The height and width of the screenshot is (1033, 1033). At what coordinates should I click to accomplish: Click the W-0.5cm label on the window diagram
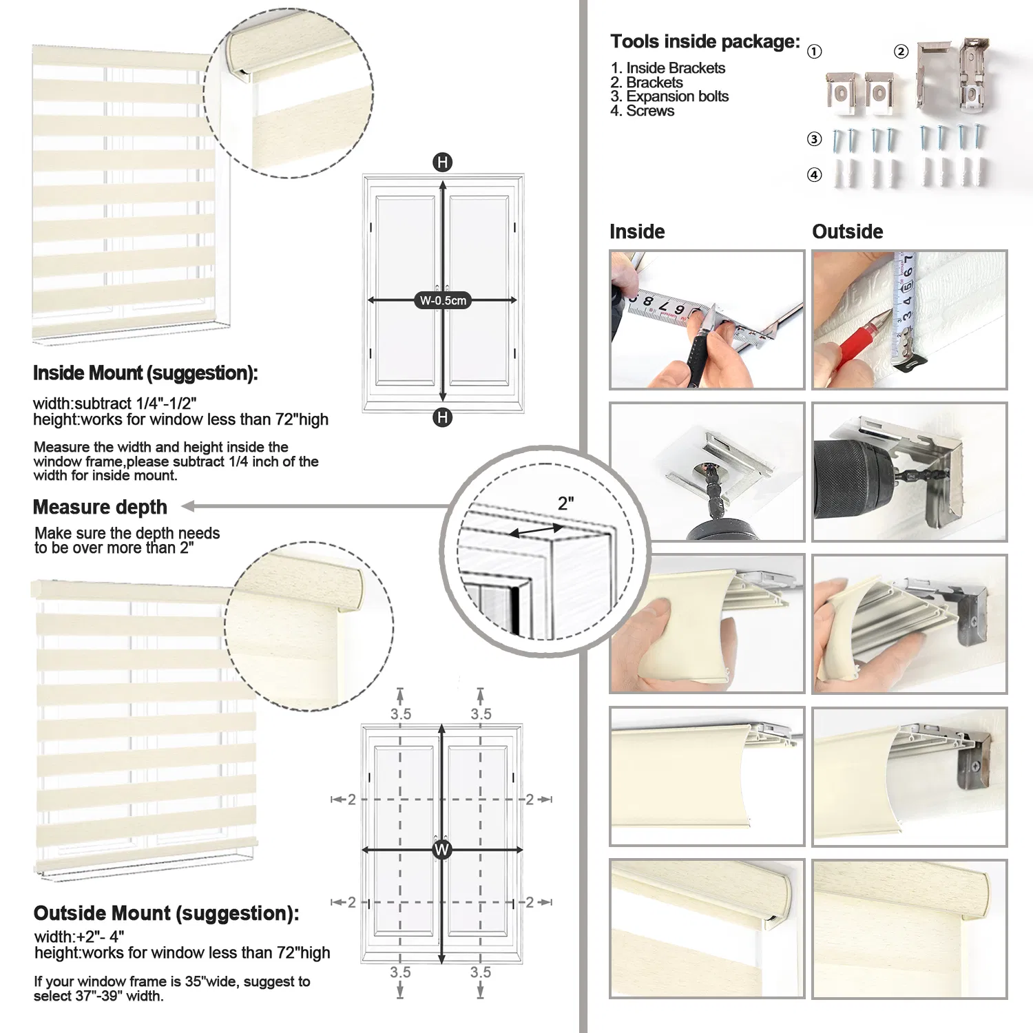(x=443, y=300)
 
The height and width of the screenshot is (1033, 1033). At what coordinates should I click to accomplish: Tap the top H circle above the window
(x=442, y=163)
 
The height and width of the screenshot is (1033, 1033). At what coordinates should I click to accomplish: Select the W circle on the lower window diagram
(x=442, y=849)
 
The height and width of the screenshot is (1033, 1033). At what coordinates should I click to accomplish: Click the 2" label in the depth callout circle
(x=566, y=503)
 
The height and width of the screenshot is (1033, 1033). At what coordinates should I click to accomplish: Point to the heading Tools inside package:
(x=705, y=42)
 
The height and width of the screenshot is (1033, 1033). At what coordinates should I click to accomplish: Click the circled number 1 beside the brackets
(x=814, y=52)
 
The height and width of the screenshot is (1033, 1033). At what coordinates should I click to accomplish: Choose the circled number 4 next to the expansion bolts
(x=814, y=175)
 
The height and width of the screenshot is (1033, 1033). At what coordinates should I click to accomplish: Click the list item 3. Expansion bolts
(x=669, y=96)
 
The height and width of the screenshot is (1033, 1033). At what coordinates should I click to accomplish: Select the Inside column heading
(x=637, y=231)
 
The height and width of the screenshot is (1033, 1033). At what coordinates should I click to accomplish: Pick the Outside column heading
(x=847, y=231)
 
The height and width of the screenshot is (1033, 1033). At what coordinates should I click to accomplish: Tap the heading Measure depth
(x=100, y=507)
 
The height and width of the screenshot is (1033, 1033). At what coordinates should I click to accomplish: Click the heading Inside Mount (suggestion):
(x=145, y=373)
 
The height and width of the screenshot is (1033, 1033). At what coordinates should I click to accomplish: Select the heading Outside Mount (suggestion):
(x=166, y=913)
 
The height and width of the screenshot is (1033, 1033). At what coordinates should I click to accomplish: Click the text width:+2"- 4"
(x=79, y=937)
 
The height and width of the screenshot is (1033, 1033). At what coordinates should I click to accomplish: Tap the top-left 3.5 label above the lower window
(x=400, y=714)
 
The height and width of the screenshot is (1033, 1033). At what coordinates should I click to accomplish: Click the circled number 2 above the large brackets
(x=901, y=52)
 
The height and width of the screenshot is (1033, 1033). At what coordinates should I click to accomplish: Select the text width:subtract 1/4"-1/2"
(x=114, y=404)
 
